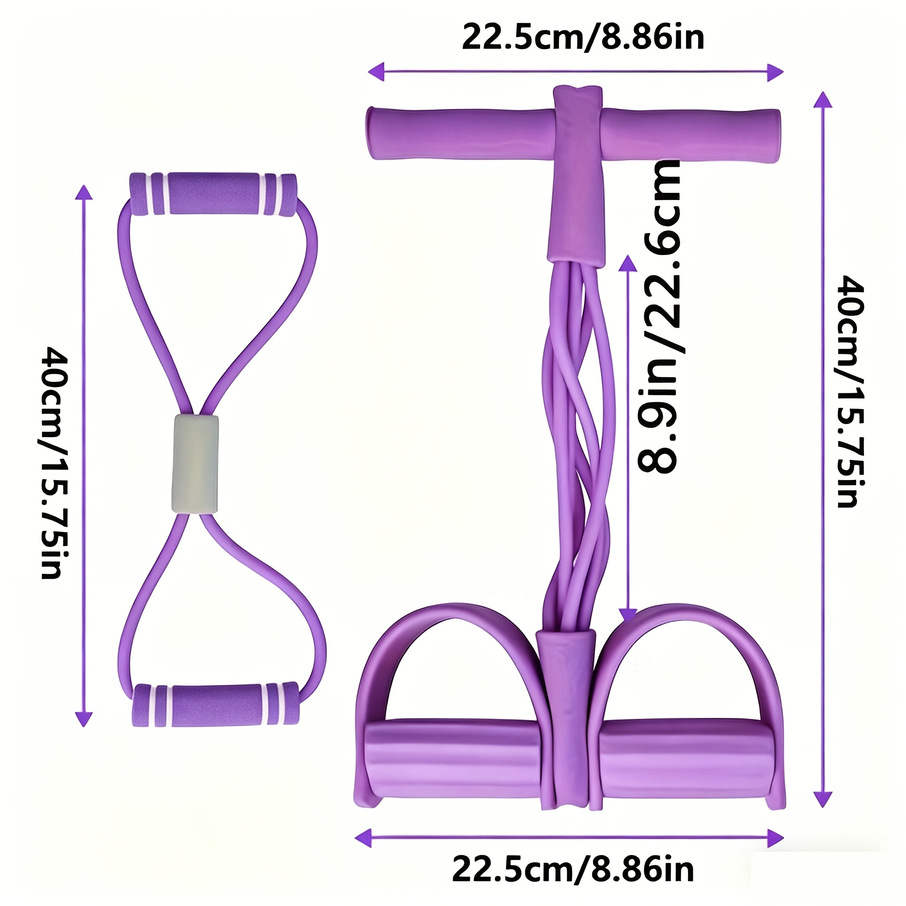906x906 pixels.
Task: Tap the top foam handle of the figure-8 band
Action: point(213,194)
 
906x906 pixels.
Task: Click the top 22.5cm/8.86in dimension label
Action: point(583,37)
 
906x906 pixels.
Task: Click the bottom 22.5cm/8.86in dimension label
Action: point(573,869)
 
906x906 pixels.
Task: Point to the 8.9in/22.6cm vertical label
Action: point(659,317)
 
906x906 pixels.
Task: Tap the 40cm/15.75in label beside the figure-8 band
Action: point(53,462)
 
